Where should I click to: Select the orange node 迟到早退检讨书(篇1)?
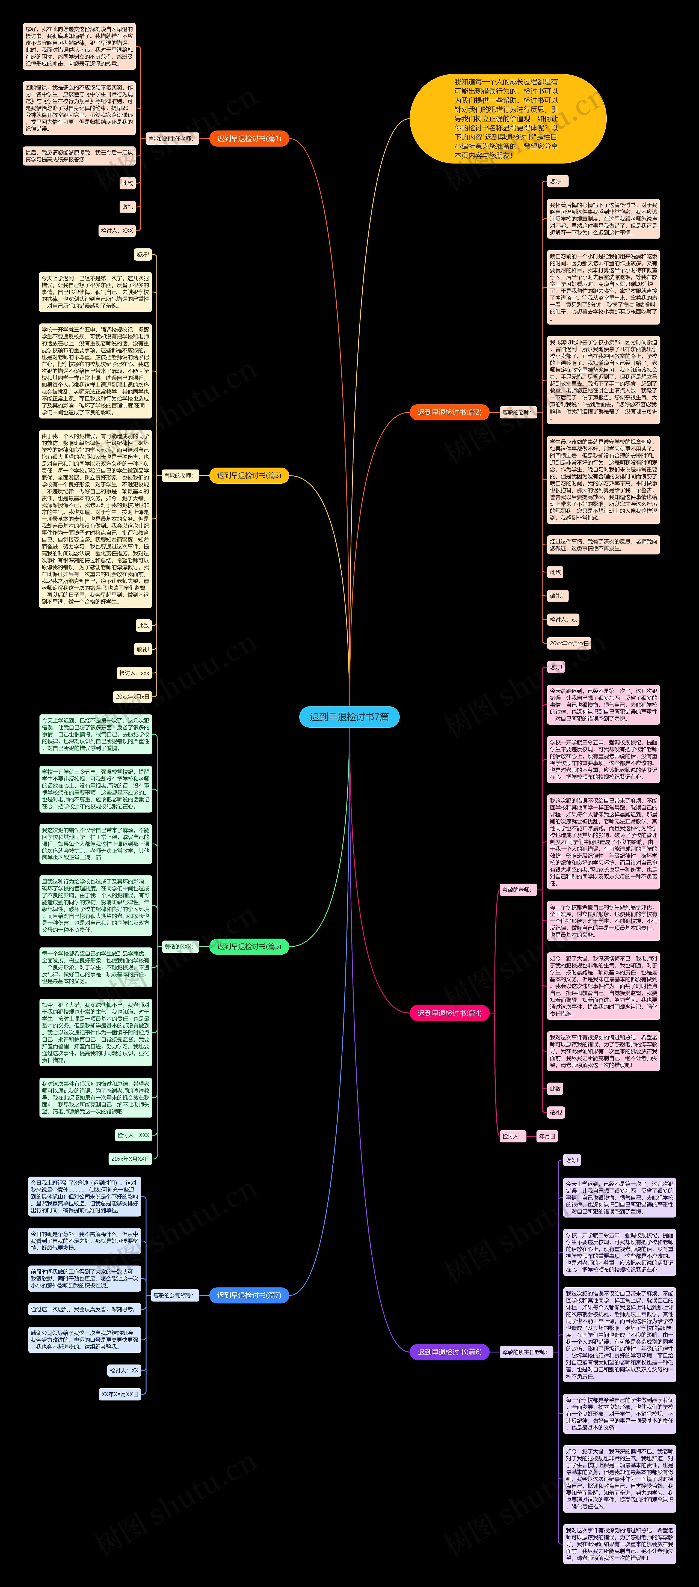coord(249,139)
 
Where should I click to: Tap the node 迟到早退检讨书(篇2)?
coord(449,412)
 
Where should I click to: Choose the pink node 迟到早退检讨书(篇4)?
coord(449,1013)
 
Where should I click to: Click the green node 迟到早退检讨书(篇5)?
coord(249,946)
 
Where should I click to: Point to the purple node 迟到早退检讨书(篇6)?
coord(449,1352)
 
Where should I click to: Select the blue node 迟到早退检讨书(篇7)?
coord(249,1295)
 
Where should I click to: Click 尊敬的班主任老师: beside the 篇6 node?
coord(524,1352)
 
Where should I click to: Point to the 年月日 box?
coord(547,1136)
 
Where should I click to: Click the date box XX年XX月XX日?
coord(120,1393)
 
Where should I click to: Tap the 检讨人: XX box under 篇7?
coord(125,1370)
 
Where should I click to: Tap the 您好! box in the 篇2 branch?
coord(556,181)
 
